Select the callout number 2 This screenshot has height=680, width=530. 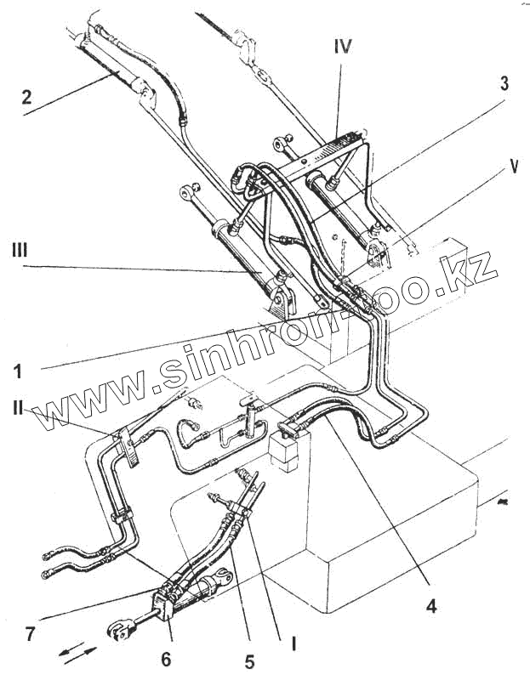coord(26,98)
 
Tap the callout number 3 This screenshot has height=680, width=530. coord(504,83)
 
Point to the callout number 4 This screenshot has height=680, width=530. coord(432,607)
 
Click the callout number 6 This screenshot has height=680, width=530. coord(167,659)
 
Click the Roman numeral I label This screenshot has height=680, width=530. coord(294,643)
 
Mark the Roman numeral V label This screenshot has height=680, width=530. coord(513,167)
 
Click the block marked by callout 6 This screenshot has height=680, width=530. coord(162,609)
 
